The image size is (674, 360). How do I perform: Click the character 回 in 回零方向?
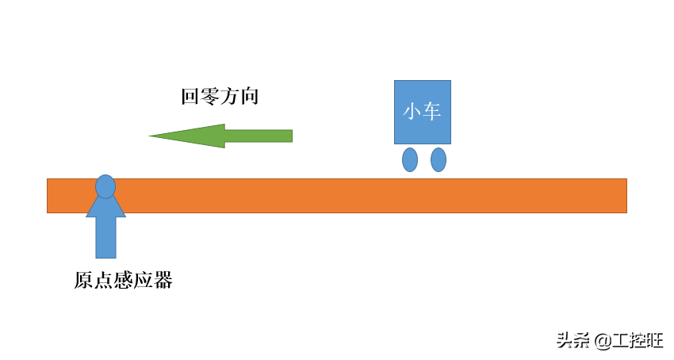pos(189,98)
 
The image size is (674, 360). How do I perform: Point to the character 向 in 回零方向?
pos(250,98)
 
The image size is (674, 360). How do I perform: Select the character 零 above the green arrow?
pos(209,98)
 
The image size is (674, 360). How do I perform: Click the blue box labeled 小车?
pos(423,112)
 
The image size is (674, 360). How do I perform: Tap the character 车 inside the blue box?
pos(432,112)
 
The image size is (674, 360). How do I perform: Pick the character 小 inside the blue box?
pos(412,112)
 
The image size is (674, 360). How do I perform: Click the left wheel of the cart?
pos(410,159)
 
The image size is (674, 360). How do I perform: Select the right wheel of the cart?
pos(438,159)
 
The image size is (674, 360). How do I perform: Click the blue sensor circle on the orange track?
pos(105,186)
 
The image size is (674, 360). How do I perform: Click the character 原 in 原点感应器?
pos(83,281)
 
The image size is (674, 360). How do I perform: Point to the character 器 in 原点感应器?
pos(163,281)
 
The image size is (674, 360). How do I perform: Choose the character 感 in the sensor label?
pos(123,281)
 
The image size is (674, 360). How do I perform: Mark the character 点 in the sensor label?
pos(103,281)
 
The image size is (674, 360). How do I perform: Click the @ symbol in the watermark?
pos(602,341)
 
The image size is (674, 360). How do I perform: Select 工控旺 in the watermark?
pos(638,341)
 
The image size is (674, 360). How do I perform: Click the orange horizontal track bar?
pos(357,196)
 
